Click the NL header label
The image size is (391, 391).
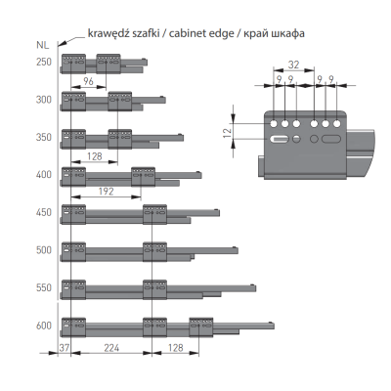(42, 45)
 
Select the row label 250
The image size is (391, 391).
(44, 62)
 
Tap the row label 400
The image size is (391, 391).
(44, 175)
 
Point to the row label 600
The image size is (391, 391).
(44, 326)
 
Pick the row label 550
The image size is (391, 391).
(44, 287)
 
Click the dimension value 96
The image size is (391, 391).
(88, 81)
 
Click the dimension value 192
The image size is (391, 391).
(106, 192)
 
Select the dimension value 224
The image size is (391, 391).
(111, 348)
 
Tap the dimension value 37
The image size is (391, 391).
(65, 348)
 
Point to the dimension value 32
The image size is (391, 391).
(293, 65)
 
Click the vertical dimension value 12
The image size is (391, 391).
(228, 132)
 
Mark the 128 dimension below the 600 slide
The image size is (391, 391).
(175, 348)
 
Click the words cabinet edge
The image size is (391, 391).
(201, 33)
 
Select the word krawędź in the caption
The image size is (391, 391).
(106, 33)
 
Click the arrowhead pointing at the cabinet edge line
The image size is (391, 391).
(64, 43)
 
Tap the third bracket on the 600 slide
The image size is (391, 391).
(201, 327)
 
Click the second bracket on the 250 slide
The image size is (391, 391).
(109, 64)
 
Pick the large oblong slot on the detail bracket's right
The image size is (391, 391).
(331, 139)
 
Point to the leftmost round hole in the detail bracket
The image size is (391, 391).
(274, 124)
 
